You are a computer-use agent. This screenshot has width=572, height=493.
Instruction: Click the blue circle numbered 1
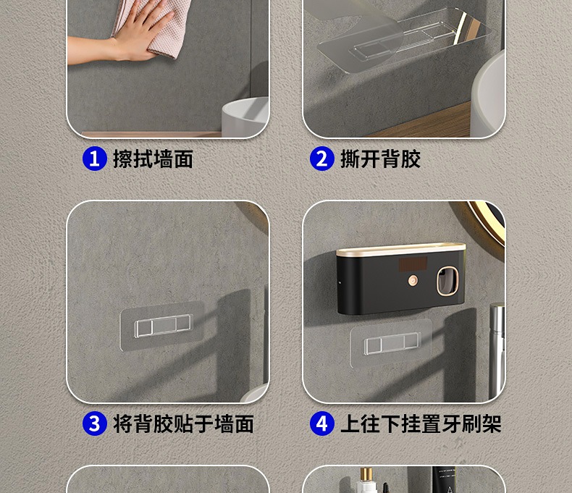[94, 159]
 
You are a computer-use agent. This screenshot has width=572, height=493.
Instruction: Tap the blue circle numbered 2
[321, 159]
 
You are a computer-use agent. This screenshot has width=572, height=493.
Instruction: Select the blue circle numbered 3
[94, 424]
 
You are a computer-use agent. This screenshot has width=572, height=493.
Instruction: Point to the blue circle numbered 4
[321, 424]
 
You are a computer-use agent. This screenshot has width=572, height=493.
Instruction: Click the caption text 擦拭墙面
[153, 159]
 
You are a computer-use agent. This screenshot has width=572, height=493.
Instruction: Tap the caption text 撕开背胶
[380, 159]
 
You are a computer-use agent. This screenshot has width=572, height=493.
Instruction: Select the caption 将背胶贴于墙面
[183, 424]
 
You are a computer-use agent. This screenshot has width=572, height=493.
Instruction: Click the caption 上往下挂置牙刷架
[421, 424]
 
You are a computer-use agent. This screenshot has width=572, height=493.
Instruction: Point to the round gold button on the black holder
[413, 280]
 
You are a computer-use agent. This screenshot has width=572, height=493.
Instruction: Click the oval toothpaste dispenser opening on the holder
[447, 281]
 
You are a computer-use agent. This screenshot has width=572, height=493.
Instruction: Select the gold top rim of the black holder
[401, 250]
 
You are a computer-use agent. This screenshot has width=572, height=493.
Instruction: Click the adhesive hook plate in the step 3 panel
[162, 325]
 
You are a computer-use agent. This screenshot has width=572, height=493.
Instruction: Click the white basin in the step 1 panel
[245, 117]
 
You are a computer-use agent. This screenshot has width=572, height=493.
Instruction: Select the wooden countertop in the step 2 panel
[419, 126]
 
